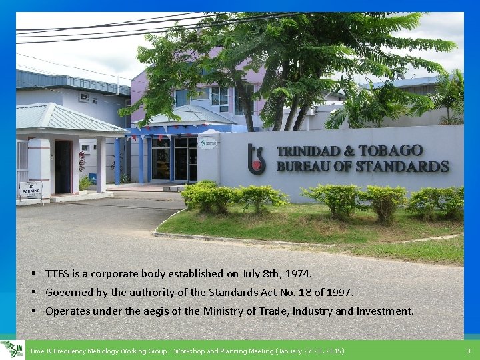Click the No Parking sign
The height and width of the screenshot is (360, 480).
(x=30, y=190)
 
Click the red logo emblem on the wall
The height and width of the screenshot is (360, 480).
(x=257, y=159)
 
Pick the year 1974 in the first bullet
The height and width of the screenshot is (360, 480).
(x=297, y=273)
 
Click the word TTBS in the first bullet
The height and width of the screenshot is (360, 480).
(x=56, y=273)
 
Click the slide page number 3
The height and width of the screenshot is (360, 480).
(x=468, y=351)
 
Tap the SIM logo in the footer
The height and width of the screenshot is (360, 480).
(x=12, y=349)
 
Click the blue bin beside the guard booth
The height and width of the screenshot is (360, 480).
(x=93, y=178)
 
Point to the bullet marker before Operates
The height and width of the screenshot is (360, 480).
(x=33, y=311)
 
